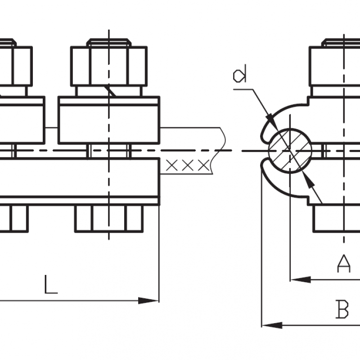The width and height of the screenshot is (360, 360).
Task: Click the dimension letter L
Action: (x=51, y=284)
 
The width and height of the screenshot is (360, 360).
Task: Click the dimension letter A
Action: (x=344, y=263)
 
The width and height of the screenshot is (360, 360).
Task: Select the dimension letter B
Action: (x=342, y=309)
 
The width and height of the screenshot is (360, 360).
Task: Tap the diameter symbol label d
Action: (x=239, y=73)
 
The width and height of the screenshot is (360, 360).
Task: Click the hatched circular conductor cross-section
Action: (x=290, y=150)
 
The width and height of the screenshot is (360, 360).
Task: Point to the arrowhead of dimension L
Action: (x=148, y=301)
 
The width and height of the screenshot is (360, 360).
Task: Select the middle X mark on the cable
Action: (x=188, y=165)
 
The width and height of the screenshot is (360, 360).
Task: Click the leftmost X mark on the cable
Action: (x=171, y=165)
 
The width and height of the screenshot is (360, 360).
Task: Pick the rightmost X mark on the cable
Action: (x=204, y=165)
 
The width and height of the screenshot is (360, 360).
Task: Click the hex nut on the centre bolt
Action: (x=109, y=66)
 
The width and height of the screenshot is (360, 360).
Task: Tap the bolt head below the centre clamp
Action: (x=109, y=218)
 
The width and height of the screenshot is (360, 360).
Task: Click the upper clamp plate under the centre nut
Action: (x=109, y=120)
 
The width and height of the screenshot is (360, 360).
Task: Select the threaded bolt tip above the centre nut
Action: (x=109, y=42)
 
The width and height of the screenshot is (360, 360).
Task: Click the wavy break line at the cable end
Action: (x=219, y=150)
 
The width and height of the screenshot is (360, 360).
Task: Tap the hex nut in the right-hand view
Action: (x=334, y=66)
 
